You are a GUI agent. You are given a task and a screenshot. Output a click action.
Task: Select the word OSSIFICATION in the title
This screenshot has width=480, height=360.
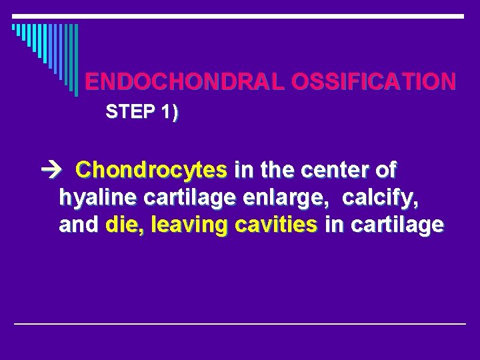[x=375, y=82]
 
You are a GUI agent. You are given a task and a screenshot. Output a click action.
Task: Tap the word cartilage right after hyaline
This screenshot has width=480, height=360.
[x=176, y=198]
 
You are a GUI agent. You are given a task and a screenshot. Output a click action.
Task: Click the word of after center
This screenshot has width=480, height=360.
[x=386, y=171]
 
